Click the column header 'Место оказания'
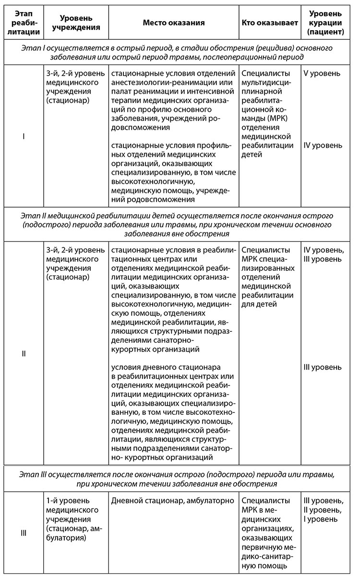point(173,23)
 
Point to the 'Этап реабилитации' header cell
point(23,23)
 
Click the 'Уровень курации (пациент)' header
point(325,23)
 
